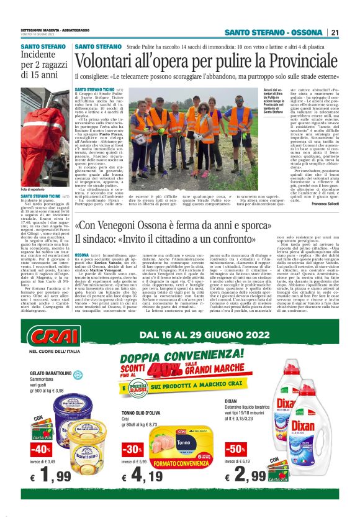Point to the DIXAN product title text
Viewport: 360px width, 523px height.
pos(232,402)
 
